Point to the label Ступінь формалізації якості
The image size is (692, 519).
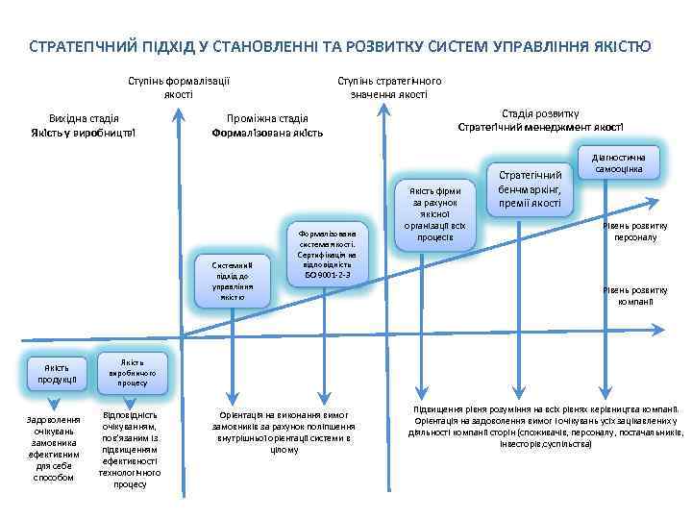[179, 87]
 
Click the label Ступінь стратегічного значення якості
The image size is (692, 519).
[389, 87]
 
